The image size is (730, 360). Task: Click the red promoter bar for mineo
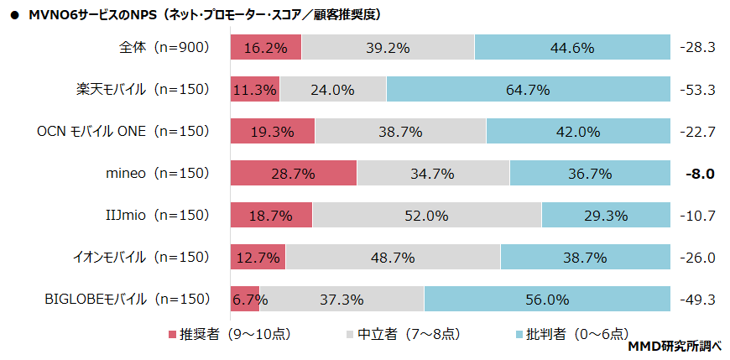pyautogui.click(x=293, y=174)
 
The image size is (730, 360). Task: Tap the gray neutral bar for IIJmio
pyautogui.click(x=426, y=216)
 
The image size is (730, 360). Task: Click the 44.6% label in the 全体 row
pyautogui.click(x=572, y=48)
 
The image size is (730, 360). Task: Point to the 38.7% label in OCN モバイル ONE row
pyautogui.click(x=400, y=132)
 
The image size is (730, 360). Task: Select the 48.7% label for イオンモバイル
pyautogui.click(x=393, y=258)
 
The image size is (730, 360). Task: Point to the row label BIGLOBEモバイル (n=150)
pyautogui.click(x=127, y=298)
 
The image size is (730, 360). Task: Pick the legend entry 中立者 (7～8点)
pyautogui.click(x=402, y=333)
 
